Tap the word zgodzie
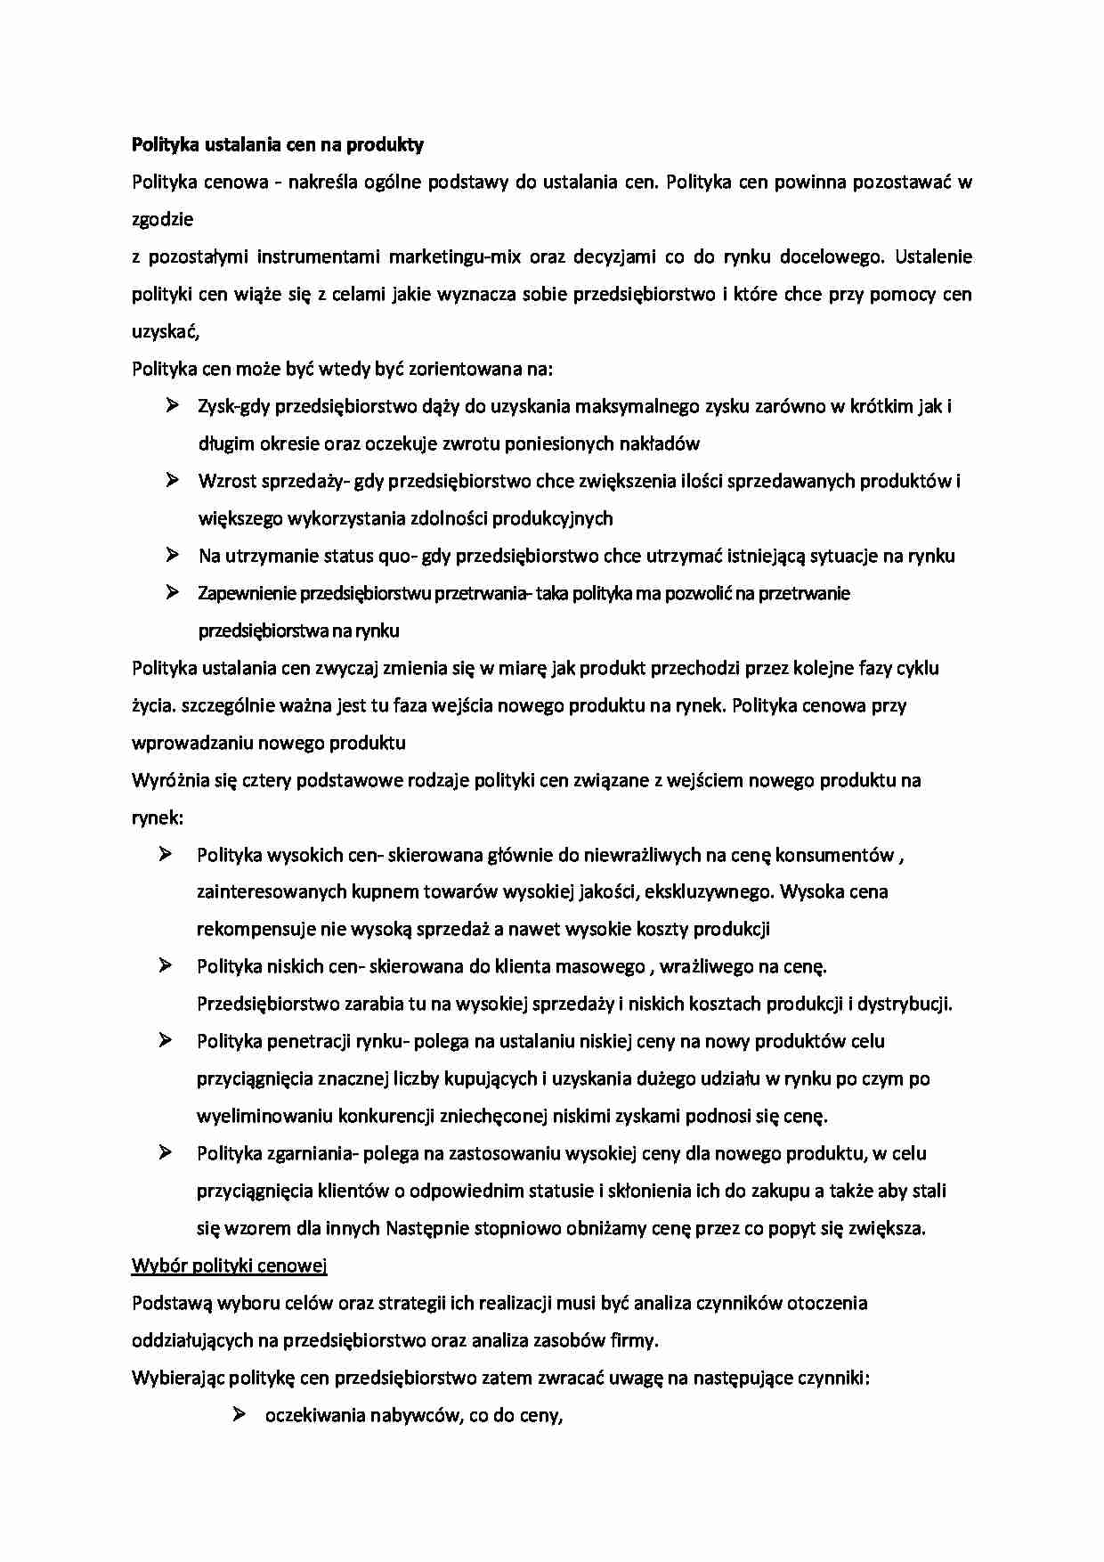click(163, 219)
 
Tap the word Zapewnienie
click(246, 593)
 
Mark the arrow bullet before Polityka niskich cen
click(166, 966)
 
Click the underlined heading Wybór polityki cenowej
click(230, 1265)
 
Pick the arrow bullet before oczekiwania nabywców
click(239, 1415)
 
